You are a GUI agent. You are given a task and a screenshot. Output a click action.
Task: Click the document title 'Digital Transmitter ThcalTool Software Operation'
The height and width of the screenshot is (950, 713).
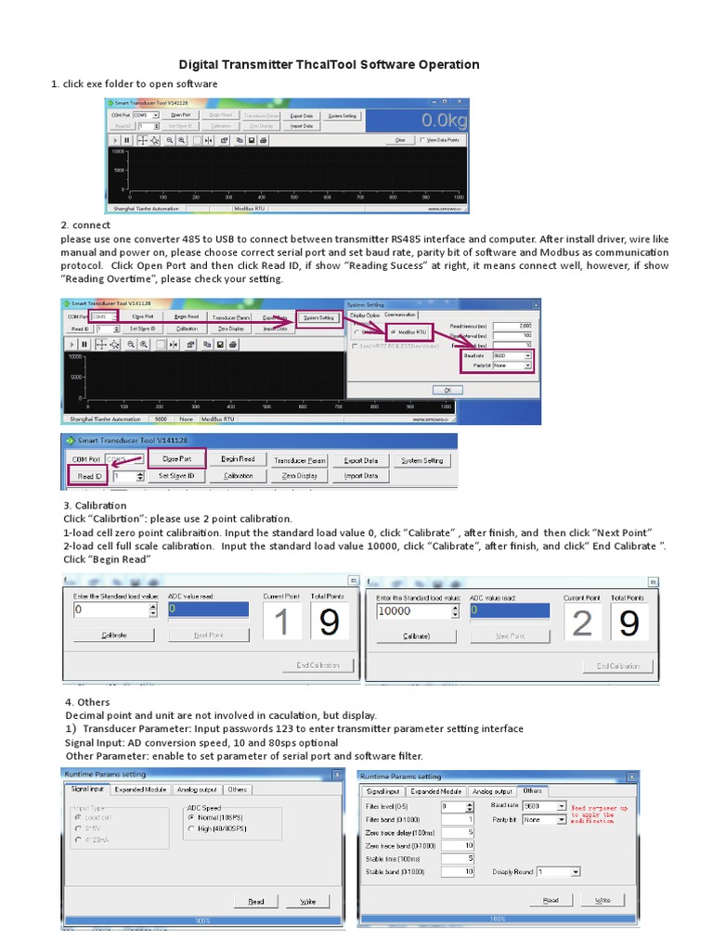tap(329, 65)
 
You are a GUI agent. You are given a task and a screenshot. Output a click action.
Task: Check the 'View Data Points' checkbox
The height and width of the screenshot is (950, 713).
tap(423, 140)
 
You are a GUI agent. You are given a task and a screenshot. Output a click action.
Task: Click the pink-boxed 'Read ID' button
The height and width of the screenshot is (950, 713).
tap(85, 476)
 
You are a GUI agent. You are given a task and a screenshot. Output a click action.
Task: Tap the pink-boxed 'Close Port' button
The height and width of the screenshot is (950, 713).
tap(176, 458)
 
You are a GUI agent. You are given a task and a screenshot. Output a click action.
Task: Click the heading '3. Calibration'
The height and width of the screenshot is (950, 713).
tap(94, 506)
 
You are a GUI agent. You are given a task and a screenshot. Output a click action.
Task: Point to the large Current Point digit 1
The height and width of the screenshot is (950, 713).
tap(281, 623)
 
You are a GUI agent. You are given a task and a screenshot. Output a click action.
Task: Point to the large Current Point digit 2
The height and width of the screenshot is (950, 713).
tap(581, 623)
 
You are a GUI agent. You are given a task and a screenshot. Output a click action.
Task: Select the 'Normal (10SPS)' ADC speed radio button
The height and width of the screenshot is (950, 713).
tap(191, 816)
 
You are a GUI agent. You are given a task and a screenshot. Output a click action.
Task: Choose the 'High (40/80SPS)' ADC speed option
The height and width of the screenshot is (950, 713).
tap(191, 828)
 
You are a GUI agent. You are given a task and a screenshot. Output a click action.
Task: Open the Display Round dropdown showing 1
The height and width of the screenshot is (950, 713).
tap(558, 872)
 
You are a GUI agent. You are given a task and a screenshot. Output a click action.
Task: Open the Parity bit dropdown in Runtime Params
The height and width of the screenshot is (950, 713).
tap(544, 820)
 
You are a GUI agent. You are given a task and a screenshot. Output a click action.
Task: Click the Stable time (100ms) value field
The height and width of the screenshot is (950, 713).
tap(458, 858)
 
